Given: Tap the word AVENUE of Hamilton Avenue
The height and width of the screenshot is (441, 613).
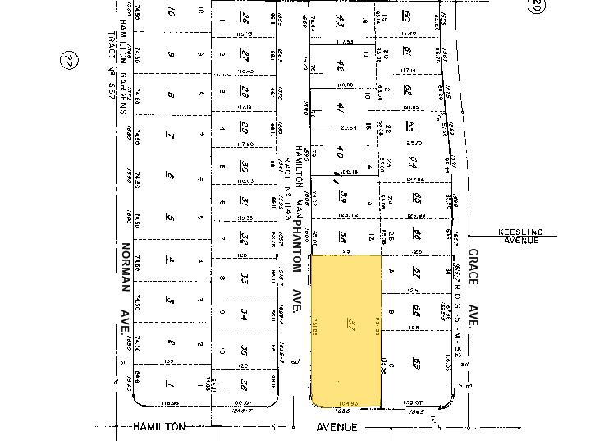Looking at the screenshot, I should click(x=338, y=426).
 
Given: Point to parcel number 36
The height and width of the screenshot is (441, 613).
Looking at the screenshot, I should click(x=244, y=384).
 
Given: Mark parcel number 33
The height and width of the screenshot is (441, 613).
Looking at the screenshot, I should click(x=244, y=279).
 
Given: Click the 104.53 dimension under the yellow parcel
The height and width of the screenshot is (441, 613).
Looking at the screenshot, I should click(x=349, y=402).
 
